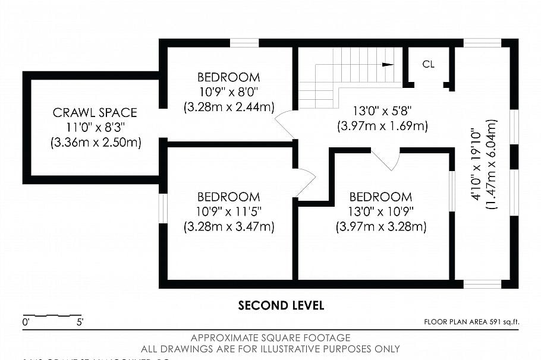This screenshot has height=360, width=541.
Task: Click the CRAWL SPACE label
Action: click(95, 112)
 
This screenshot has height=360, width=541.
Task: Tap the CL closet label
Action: click(428, 64)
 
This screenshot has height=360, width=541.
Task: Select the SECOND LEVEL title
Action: click(281, 305)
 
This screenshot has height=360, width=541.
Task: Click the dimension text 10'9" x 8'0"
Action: click(228, 92)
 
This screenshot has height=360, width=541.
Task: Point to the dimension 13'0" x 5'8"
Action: click(382, 111)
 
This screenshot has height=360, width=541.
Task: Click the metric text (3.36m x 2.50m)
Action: click(95, 143)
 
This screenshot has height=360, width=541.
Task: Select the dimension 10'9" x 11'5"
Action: click(228, 211)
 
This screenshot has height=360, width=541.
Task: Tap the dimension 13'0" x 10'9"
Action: click(380, 211)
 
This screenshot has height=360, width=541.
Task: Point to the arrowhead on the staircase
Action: click(389, 64)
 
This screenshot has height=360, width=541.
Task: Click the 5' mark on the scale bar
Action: click(79, 323)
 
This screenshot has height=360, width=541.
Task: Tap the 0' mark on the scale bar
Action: click(26, 323)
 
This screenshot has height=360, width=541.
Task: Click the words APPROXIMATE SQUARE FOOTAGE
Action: click(270, 338)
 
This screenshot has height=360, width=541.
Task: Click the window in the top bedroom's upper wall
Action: click(244, 43)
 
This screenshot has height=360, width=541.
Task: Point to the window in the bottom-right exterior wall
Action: click(482, 284)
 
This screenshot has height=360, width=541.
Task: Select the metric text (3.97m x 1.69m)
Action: click(382, 126)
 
